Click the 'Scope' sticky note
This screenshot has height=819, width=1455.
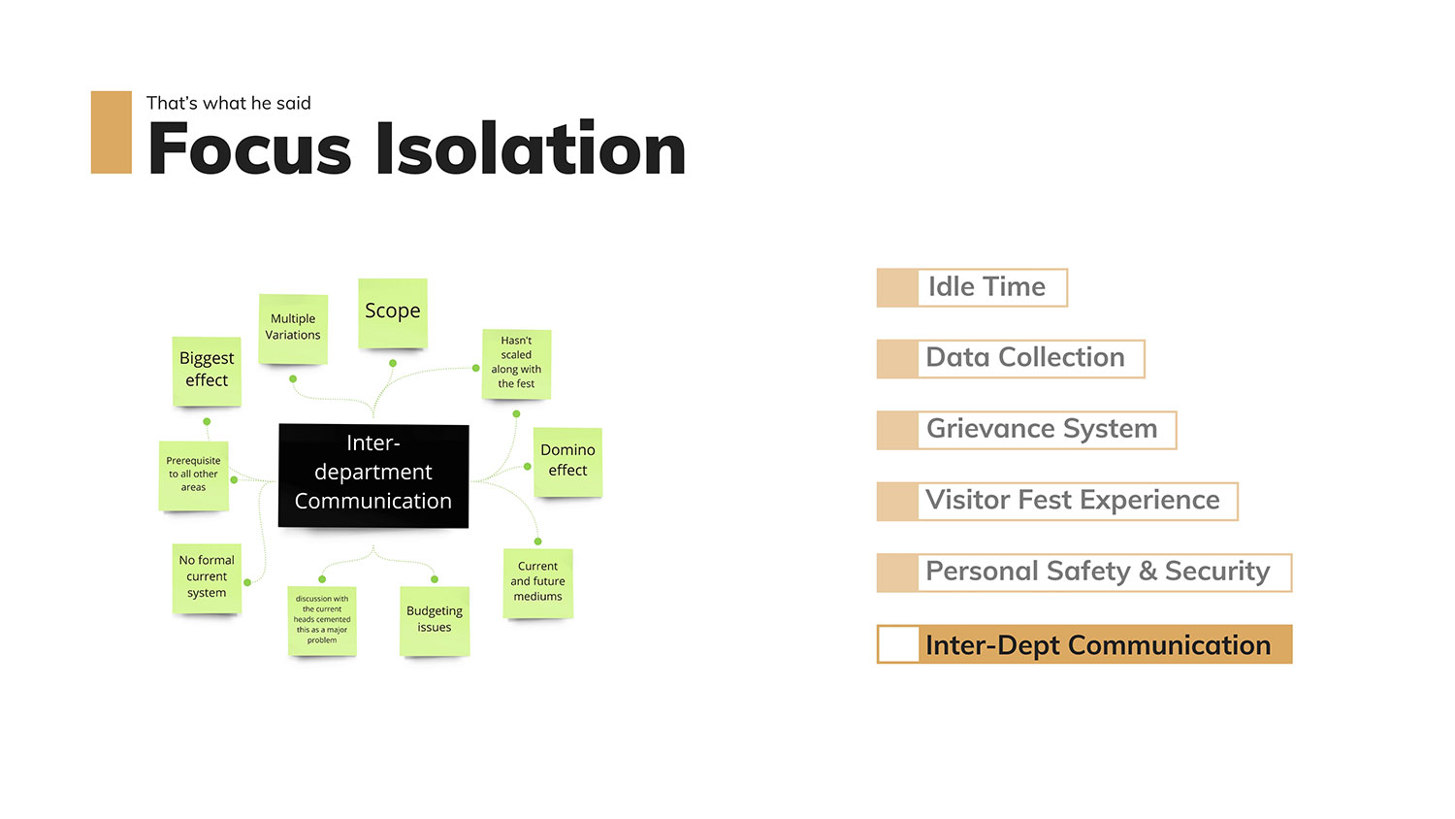pyautogui.click(x=392, y=312)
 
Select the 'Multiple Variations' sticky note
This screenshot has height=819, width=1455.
pyautogui.click(x=293, y=328)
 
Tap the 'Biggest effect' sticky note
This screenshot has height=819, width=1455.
pyautogui.click(x=207, y=370)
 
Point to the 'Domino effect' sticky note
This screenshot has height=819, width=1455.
pyautogui.click(x=567, y=461)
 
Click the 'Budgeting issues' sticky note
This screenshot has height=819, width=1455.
pyautogui.click(x=435, y=620)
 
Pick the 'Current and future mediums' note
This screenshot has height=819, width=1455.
pyautogui.click(x=538, y=582)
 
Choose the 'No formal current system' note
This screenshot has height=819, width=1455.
pyautogui.click(x=207, y=577)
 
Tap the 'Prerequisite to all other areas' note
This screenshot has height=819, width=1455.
pyautogui.click(x=193, y=475)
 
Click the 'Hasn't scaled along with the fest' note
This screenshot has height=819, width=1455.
pyautogui.click(x=516, y=363)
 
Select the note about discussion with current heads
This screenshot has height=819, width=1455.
pyautogui.click(x=322, y=620)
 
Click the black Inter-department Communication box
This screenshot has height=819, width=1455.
pyautogui.click(x=373, y=475)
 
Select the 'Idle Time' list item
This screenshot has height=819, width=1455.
pyautogui.click(x=986, y=287)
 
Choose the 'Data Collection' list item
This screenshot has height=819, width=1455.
pyautogui.click(x=1025, y=358)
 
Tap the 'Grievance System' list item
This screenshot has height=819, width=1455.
pyautogui.click(x=1041, y=429)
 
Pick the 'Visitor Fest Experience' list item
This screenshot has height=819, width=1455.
pyautogui.click(x=1072, y=501)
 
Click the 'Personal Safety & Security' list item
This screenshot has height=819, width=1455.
pyautogui.click(x=1097, y=572)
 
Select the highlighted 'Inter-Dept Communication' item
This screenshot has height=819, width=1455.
pyautogui.click(x=1097, y=644)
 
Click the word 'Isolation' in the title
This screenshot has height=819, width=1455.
pyautogui.click(x=531, y=149)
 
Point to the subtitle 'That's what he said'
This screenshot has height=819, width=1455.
pyautogui.click(x=229, y=103)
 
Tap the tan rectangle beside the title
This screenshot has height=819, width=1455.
pyautogui.click(x=111, y=132)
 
